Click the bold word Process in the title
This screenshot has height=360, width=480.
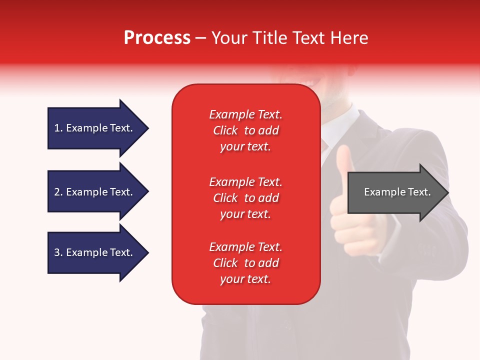coord(157,38)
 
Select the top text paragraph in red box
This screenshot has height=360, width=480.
coord(245,130)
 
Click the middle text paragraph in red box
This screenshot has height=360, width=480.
coord(245,198)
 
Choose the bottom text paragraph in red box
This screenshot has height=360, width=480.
coord(245,263)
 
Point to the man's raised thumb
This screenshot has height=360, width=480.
coord(343,159)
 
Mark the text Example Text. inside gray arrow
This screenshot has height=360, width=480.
coord(397,192)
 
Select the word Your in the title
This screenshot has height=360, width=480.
coord(229,38)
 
